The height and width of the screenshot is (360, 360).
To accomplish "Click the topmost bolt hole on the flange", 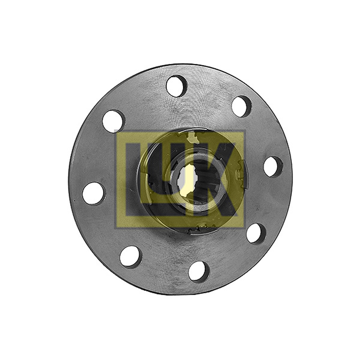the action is pos(176,86).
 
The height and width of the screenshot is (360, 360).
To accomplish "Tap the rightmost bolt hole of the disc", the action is pos(273,166).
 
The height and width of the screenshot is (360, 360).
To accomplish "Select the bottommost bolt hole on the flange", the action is pos(199,271).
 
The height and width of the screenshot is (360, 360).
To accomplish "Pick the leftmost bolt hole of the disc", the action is pos(94,193).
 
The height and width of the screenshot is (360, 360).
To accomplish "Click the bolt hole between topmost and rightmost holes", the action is pos(241,107).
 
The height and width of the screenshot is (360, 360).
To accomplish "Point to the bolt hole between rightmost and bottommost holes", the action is pos(256,234).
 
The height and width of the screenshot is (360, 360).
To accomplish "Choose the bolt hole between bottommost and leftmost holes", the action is pos(131,256).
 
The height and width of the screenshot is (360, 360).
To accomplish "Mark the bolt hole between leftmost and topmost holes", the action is pos(114,121).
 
